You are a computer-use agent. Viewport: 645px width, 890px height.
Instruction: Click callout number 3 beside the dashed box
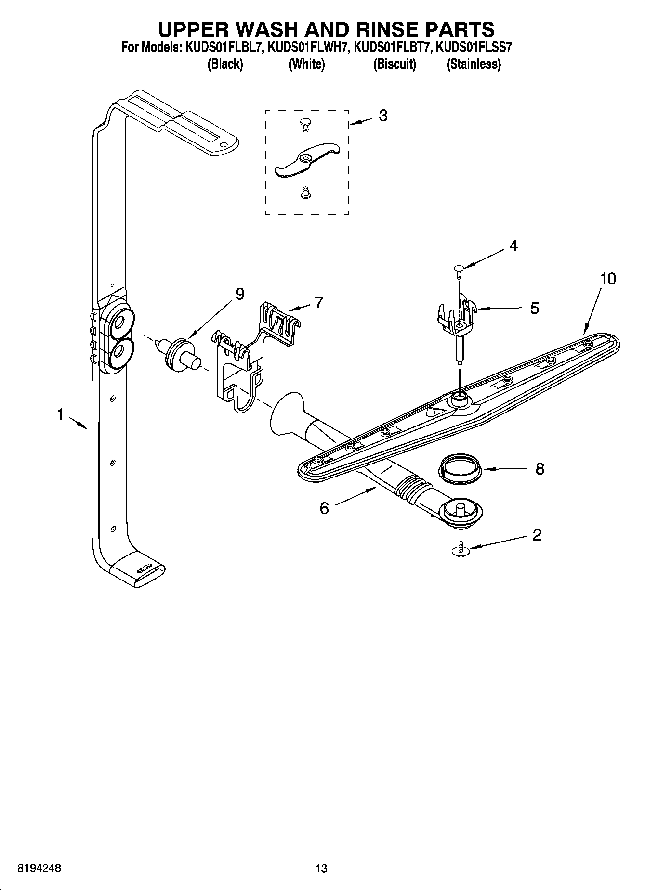tap(383, 116)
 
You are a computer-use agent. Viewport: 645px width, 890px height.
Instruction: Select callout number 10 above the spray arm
tap(608, 279)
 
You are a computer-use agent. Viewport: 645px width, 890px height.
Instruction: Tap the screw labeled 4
tap(459, 272)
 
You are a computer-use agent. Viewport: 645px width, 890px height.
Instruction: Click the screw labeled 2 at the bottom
tap(461, 549)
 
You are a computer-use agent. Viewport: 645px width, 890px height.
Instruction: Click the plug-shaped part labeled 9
tap(181, 353)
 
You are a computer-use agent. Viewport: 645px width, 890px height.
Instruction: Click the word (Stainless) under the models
tap(474, 64)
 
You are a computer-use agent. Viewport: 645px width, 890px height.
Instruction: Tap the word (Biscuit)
tap(395, 64)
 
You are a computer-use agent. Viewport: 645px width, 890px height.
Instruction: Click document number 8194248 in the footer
tap(39, 869)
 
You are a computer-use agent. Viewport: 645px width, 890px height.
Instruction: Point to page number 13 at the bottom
tap(321, 869)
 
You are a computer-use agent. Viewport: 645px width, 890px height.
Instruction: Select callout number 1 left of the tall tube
tap(60, 414)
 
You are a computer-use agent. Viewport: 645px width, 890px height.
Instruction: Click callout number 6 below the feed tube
tap(324, 508)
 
